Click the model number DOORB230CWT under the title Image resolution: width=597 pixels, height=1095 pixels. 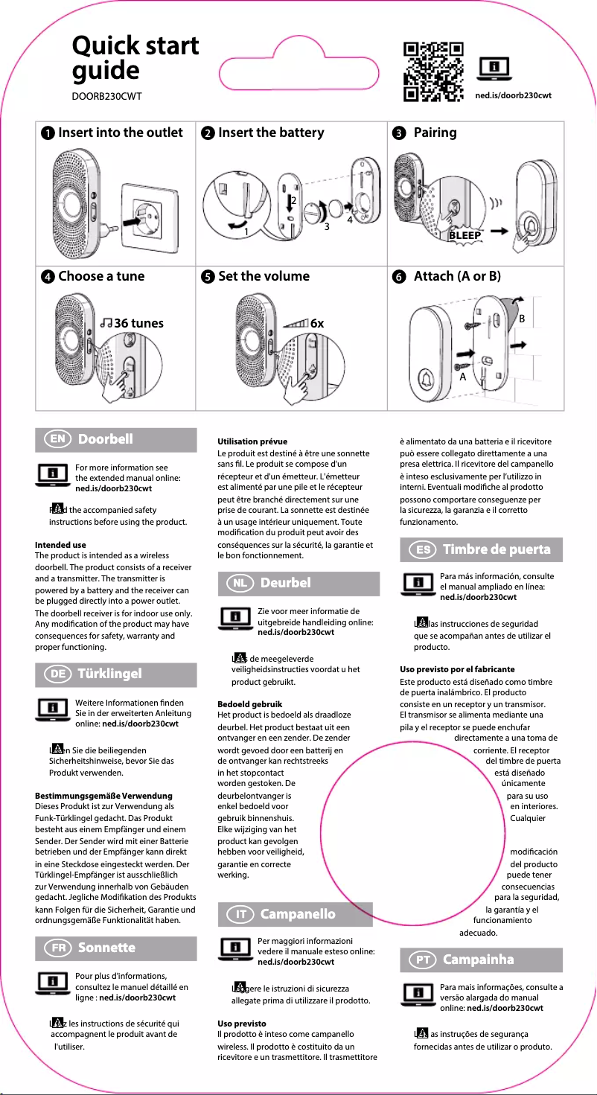tap(106, 96)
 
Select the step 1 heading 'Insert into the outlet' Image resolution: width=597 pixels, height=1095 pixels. tap(120, 133)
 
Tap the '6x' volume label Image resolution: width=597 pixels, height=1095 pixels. tap(316, 323)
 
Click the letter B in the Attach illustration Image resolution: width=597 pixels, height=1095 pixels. tap(522, 318)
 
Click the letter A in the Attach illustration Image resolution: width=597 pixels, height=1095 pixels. tap(462, 377)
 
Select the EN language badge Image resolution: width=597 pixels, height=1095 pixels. tap(57, 439)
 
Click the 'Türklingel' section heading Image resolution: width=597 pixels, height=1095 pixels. tap(109, 674)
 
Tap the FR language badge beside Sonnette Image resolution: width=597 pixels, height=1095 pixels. tap(57, 948)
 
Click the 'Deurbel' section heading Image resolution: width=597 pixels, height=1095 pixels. tap(285, 583)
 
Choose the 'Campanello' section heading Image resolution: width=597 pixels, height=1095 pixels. tap(298, 914)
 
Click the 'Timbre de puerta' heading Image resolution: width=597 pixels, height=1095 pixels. tap(497, 550)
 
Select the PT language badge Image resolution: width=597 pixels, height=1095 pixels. tap(421, 960)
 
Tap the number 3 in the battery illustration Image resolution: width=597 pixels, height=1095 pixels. tap(325, 226)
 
